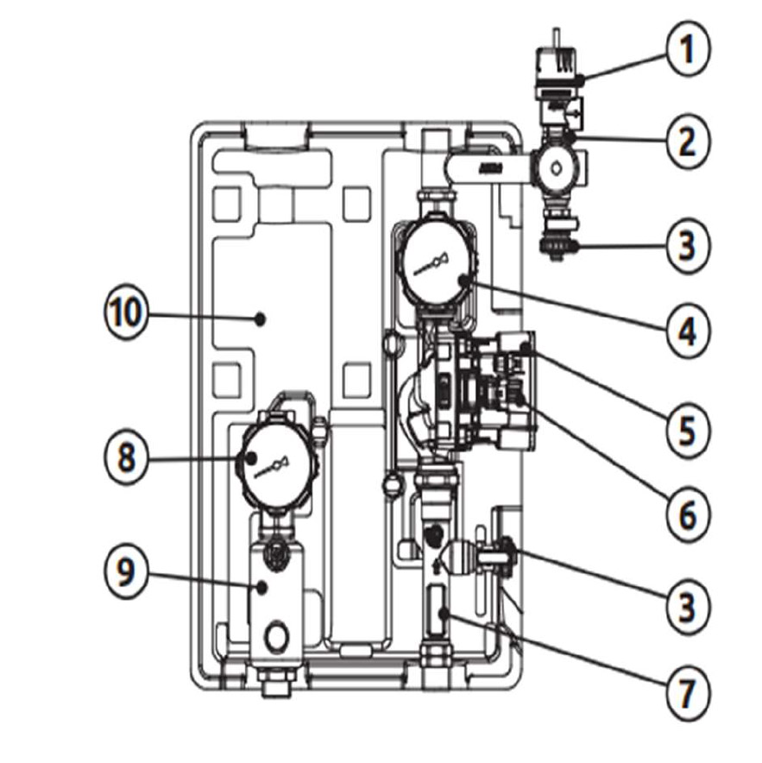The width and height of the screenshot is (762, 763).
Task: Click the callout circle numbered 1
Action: (x=687, y=48)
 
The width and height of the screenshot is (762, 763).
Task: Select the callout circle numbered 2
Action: (x=687, y=141)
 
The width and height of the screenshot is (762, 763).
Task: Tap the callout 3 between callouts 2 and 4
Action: (x=687, y=246)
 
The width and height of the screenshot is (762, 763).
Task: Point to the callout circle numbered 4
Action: (x=687, y=331)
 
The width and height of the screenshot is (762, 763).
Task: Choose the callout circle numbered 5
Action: (x=687, y=430)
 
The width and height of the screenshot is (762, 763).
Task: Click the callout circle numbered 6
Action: (x=687, y=514)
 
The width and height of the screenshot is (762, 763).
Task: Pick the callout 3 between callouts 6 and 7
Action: (x=687, y=606)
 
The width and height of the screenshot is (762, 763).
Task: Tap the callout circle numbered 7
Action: (x=687, y=691)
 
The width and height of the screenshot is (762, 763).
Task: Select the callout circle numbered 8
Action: (x=127, y=457)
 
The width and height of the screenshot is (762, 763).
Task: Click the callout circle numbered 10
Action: (x=127, y=312)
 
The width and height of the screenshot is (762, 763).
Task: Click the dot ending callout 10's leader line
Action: (x=261, y=318)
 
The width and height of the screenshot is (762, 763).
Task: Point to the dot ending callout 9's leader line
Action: (x=261, y=588)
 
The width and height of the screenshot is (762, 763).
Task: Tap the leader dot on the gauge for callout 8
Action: (x=251, y=457)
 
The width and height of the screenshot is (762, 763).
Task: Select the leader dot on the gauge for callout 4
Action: (x=465, y=281)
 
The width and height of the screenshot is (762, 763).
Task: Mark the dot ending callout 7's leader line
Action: (x=444, y=614)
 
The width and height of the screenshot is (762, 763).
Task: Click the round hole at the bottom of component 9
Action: (x=276, y=635)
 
